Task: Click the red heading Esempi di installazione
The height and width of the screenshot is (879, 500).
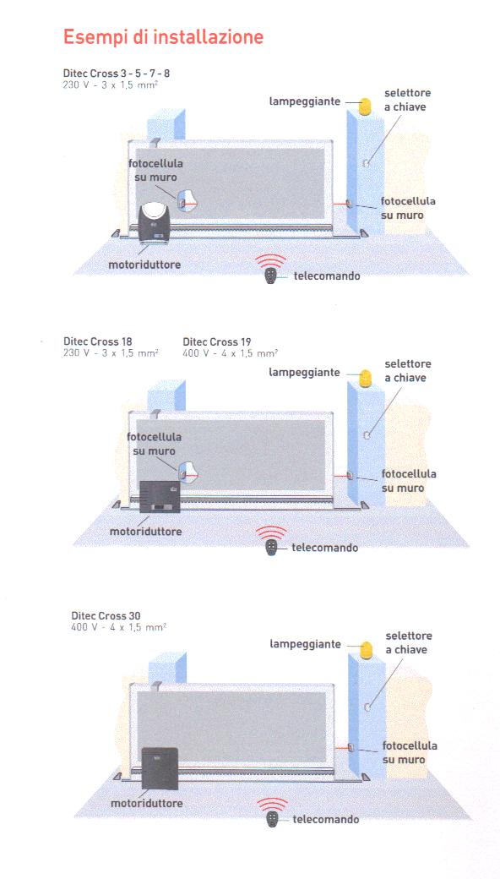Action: [163, 37]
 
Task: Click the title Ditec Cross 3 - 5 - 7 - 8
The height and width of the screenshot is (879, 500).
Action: [116, 74]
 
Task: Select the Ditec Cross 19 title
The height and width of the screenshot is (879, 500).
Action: [217, 341]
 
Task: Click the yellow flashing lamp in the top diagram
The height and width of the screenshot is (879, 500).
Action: [365, 106]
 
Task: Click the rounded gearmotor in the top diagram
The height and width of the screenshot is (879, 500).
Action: [155, 222]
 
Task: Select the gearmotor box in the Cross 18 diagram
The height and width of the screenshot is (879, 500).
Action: [160, 497]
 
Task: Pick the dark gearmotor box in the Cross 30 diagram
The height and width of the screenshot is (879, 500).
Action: [160, 768]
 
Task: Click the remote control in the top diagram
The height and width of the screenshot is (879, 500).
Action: [271, 276]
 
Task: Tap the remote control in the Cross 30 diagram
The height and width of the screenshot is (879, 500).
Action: [272, 820]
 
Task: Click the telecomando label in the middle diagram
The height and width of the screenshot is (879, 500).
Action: [325, 548]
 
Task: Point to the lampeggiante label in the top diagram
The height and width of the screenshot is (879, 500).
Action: [305, 101]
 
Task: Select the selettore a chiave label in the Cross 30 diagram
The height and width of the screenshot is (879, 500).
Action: [408, 642]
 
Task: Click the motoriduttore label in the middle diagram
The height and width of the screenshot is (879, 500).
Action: [145, 531]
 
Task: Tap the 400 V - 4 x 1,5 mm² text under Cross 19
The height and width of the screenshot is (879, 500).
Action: [230, 353]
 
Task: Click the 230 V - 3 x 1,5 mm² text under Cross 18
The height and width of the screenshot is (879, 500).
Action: [111, 353]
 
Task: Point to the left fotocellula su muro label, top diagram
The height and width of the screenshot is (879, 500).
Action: [155, 171]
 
